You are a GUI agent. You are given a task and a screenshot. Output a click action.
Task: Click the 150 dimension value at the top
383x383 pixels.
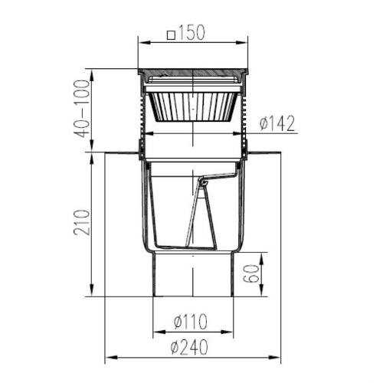point(192,33)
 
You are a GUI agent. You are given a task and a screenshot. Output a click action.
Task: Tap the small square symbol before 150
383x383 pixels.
point(172,35)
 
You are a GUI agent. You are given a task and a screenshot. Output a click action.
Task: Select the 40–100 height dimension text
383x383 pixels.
point(82,109)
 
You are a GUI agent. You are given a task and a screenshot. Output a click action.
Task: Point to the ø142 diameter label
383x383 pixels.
point(277,123)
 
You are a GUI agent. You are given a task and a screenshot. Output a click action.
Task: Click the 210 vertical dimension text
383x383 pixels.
point(82,222)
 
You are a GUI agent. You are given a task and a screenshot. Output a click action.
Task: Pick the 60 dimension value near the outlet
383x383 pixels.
point(251,273)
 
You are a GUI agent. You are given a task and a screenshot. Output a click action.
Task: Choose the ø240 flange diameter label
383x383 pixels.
point(189,347)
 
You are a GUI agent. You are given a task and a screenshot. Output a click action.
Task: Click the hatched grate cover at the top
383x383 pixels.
point(193,72)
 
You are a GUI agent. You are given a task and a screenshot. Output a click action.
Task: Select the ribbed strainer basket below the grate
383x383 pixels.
point(193,106)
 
